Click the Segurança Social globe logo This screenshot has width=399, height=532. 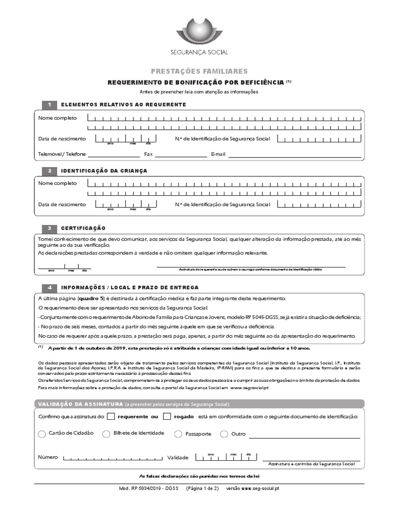coord(199,32)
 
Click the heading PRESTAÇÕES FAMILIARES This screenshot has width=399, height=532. coord(199,71)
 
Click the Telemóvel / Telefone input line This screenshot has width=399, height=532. coord(113,155)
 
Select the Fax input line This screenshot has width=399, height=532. coord(180,155)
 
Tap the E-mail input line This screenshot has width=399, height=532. coord(295,155)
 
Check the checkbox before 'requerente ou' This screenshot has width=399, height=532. coord(111,416)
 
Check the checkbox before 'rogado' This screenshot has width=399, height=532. coord(167,416)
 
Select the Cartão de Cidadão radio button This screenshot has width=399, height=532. coord(42,434)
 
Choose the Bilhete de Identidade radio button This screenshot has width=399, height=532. coord(107,434)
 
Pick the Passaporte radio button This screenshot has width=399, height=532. coord(178,434)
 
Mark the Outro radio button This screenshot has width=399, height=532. coord(224,434)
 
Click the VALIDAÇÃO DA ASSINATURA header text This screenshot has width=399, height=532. coord(77,404)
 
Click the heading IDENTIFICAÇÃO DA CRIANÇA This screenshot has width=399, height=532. coord(104,171)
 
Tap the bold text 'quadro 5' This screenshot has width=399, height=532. coord(91,299)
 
